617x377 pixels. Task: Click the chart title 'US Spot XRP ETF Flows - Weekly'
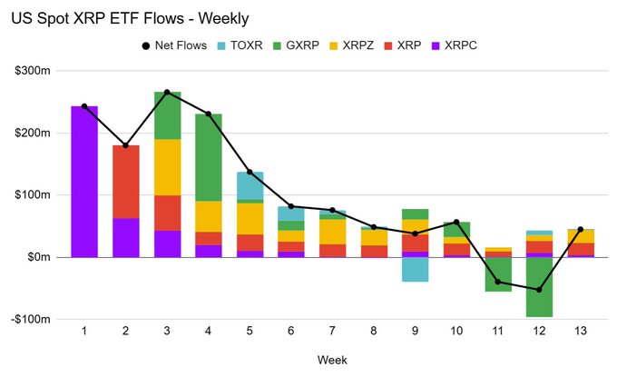point(130,17)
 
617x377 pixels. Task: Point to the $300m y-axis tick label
point(43,71)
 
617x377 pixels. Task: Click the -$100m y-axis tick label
point(41,319)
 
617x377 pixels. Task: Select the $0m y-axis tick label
point(47,257)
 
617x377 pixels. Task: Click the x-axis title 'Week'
point(332,360)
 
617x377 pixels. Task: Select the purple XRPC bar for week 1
point(84,182)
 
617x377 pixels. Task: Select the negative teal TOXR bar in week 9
point(416,269)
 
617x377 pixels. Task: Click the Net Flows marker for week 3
point(168,92)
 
